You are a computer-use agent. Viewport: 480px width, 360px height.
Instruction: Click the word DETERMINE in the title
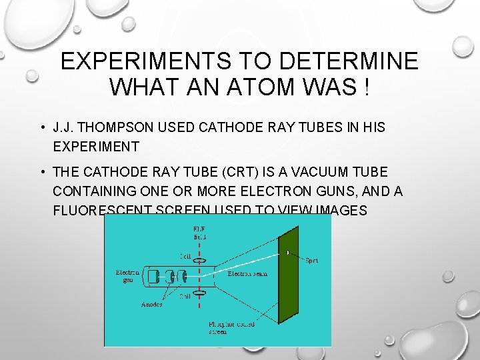[349, 61]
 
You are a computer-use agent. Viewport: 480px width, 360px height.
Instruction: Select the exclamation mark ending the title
[367, 87]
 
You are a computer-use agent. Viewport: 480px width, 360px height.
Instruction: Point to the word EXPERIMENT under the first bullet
[96, 147]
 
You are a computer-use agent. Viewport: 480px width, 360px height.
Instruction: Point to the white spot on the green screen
[288, 253]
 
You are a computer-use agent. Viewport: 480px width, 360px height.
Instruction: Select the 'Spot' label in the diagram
[311, 260]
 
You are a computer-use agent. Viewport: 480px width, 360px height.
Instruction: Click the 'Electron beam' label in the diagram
[248, 273]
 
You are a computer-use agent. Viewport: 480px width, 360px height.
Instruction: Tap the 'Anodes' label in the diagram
[151, 305]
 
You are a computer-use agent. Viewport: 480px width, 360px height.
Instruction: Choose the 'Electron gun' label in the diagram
[127, 276]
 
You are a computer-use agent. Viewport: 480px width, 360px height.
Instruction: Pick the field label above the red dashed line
[199, 231]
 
